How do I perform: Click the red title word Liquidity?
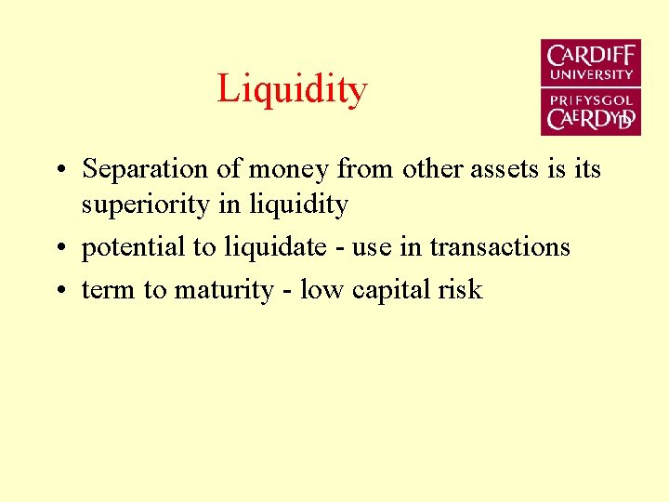(x=292, y=90)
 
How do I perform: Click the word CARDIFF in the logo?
(x=591, y=56)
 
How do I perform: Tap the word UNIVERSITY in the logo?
(x=591, y=74)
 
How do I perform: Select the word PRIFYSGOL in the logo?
(x=591, y=99)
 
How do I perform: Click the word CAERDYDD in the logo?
(x=591, y=118)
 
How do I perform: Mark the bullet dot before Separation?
(x=59, y=171)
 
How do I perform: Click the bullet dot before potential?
(x=59, y=249)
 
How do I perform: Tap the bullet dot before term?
(x=59, y=292)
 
